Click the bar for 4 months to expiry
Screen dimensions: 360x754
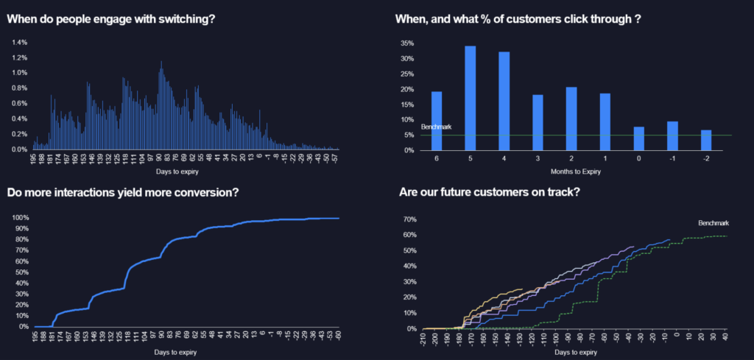[504, 101]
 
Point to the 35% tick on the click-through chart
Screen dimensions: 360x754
[406, 43]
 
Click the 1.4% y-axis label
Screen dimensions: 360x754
[20, 42]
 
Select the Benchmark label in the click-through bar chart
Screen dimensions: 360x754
[436, 127]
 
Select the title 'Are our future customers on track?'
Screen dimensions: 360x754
[490, 193]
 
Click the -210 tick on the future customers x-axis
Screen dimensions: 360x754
[422, 339]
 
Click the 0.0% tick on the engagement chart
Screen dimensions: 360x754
[20, 149]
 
